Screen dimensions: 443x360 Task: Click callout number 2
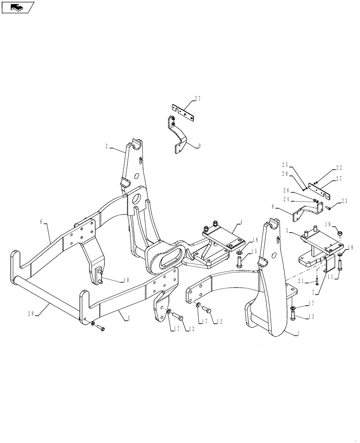107,145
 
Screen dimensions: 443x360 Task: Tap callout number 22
339,168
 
